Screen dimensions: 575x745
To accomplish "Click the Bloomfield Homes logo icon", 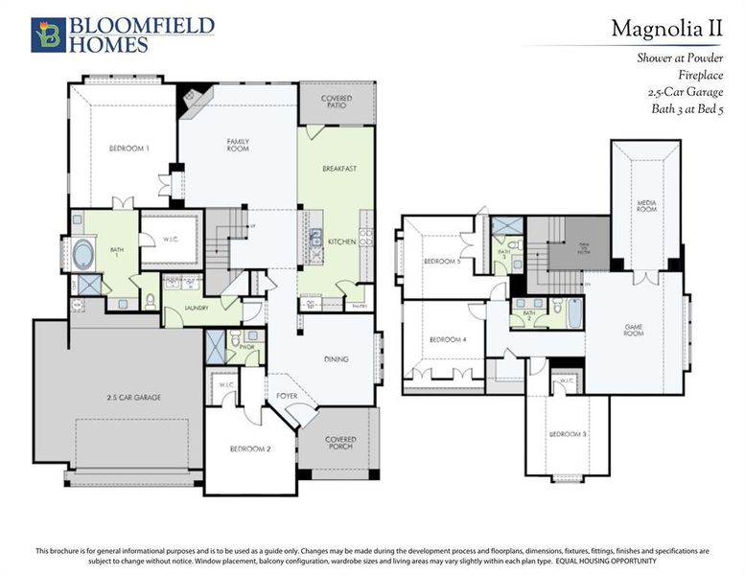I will tap(47, 34).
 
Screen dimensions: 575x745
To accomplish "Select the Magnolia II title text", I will tap(666, 29).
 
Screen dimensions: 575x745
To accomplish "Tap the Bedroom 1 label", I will tap(128, 149).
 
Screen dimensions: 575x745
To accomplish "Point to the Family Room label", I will tap(238, 146).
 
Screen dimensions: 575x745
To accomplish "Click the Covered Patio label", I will tap(336, 102).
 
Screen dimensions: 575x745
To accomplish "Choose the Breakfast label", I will tap(338, 168).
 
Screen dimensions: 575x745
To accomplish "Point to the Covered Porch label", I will tap(339, 444).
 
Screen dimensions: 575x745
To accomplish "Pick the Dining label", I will tap(335, 359).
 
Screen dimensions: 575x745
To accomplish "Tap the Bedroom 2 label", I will tap(248, 448).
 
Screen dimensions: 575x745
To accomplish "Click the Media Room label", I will tap(646, 206).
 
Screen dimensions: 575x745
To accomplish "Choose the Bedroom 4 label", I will tap(447, 339).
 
